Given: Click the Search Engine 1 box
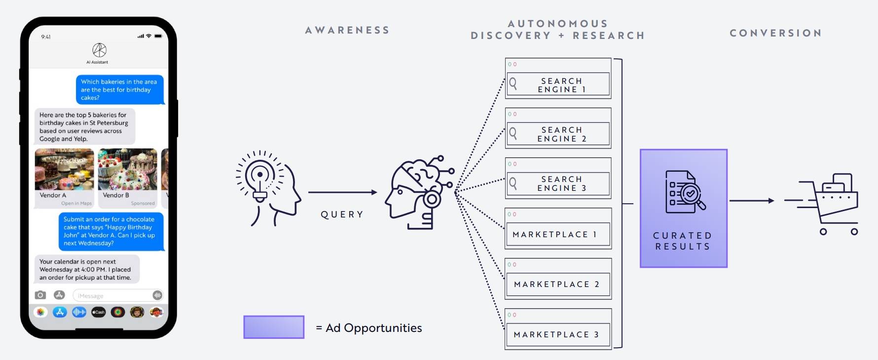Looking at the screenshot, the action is (x=558, y=78).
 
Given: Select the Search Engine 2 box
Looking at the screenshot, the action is (x=558, y=128).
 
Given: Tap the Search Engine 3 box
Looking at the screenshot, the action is (x=558, y=178).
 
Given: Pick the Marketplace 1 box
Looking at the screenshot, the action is (x=558, y=228).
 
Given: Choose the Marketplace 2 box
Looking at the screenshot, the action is (x=558, y=279).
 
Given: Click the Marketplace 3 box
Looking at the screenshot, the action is (x=558, y=329).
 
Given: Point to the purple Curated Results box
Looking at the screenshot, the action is (x=684, y=209).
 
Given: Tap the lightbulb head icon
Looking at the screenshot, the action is (x=267, y=188).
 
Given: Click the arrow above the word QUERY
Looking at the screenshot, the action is (x=342, y=192).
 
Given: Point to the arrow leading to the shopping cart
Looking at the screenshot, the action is (x=752, y=201).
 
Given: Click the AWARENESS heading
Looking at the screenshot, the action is (x=348, y=30).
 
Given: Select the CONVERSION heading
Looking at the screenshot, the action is (x=776, y=33).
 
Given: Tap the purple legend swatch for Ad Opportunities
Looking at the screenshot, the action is (x=274, y=327).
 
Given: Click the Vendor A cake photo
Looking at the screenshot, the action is (x=64, y=169).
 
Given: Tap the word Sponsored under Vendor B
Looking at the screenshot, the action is (x=143, y=203).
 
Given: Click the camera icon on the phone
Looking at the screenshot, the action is (x=40, y=295).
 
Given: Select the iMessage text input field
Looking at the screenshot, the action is (x=118, y=295).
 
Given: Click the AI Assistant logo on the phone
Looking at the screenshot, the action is (x=100, y=50).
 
